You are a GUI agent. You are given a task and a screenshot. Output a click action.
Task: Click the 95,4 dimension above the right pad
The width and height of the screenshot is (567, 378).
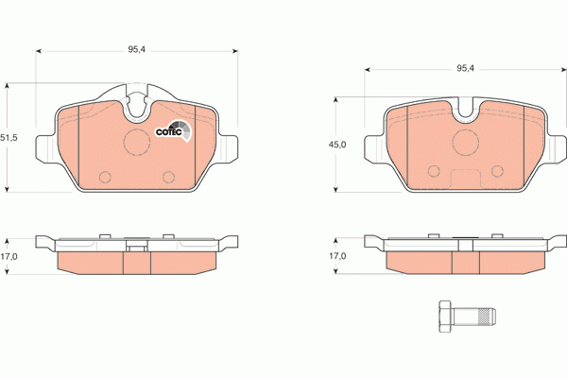(x=465, y=68)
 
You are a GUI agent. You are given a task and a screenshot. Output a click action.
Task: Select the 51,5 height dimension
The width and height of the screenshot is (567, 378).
(x=9, y=138)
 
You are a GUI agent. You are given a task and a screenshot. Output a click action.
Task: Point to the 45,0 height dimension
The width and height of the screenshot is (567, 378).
(x=336, y=144)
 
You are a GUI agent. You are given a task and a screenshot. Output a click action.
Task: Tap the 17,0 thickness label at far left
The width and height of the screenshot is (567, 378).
(x=9, y=255)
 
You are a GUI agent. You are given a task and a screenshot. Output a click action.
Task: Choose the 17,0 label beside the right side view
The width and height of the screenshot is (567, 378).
(x=336, y=255)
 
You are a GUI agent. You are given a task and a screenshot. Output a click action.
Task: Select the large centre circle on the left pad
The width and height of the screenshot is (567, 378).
(x=137, y=144)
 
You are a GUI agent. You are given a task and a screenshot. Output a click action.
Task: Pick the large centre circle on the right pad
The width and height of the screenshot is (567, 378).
(x=465, y=142)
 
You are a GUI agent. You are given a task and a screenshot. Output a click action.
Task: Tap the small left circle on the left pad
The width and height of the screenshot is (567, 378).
(x=106, y=176)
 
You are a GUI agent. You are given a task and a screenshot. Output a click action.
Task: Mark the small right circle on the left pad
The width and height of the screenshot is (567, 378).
(x=169, y=176)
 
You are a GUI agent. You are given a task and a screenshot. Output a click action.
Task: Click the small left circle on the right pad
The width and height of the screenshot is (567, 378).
(x=434, y=171)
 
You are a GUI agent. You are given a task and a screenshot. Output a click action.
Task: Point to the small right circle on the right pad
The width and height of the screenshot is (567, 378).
(x=496, y=171)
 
